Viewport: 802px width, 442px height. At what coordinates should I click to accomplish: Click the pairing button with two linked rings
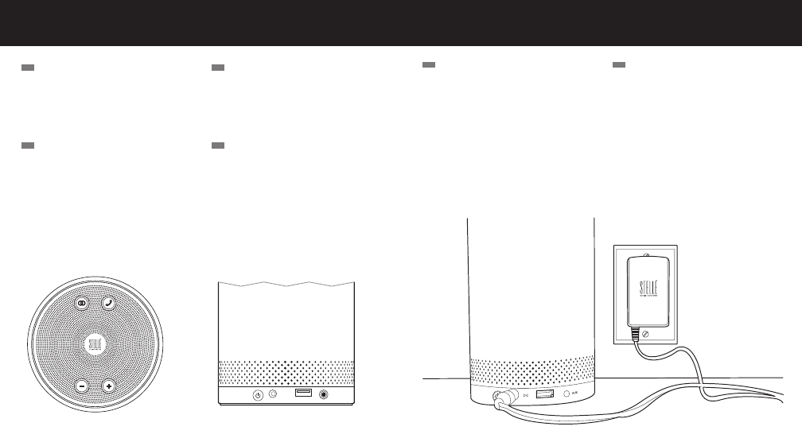[81, 304]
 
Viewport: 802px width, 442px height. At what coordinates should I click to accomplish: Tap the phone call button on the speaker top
[108, 304]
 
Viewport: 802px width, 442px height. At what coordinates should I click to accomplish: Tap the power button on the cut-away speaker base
[258, 395]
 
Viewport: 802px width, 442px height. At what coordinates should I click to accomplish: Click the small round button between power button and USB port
[273, 395]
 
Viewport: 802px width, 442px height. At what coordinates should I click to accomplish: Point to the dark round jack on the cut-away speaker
[325, 395]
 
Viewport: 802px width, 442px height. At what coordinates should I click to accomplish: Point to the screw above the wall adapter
[645, 254]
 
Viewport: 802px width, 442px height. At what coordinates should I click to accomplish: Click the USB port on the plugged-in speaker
[545, 394]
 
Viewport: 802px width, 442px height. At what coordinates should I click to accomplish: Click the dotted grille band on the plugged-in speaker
[531, 370]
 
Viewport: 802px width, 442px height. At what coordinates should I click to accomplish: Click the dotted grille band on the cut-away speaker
[286, 371]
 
